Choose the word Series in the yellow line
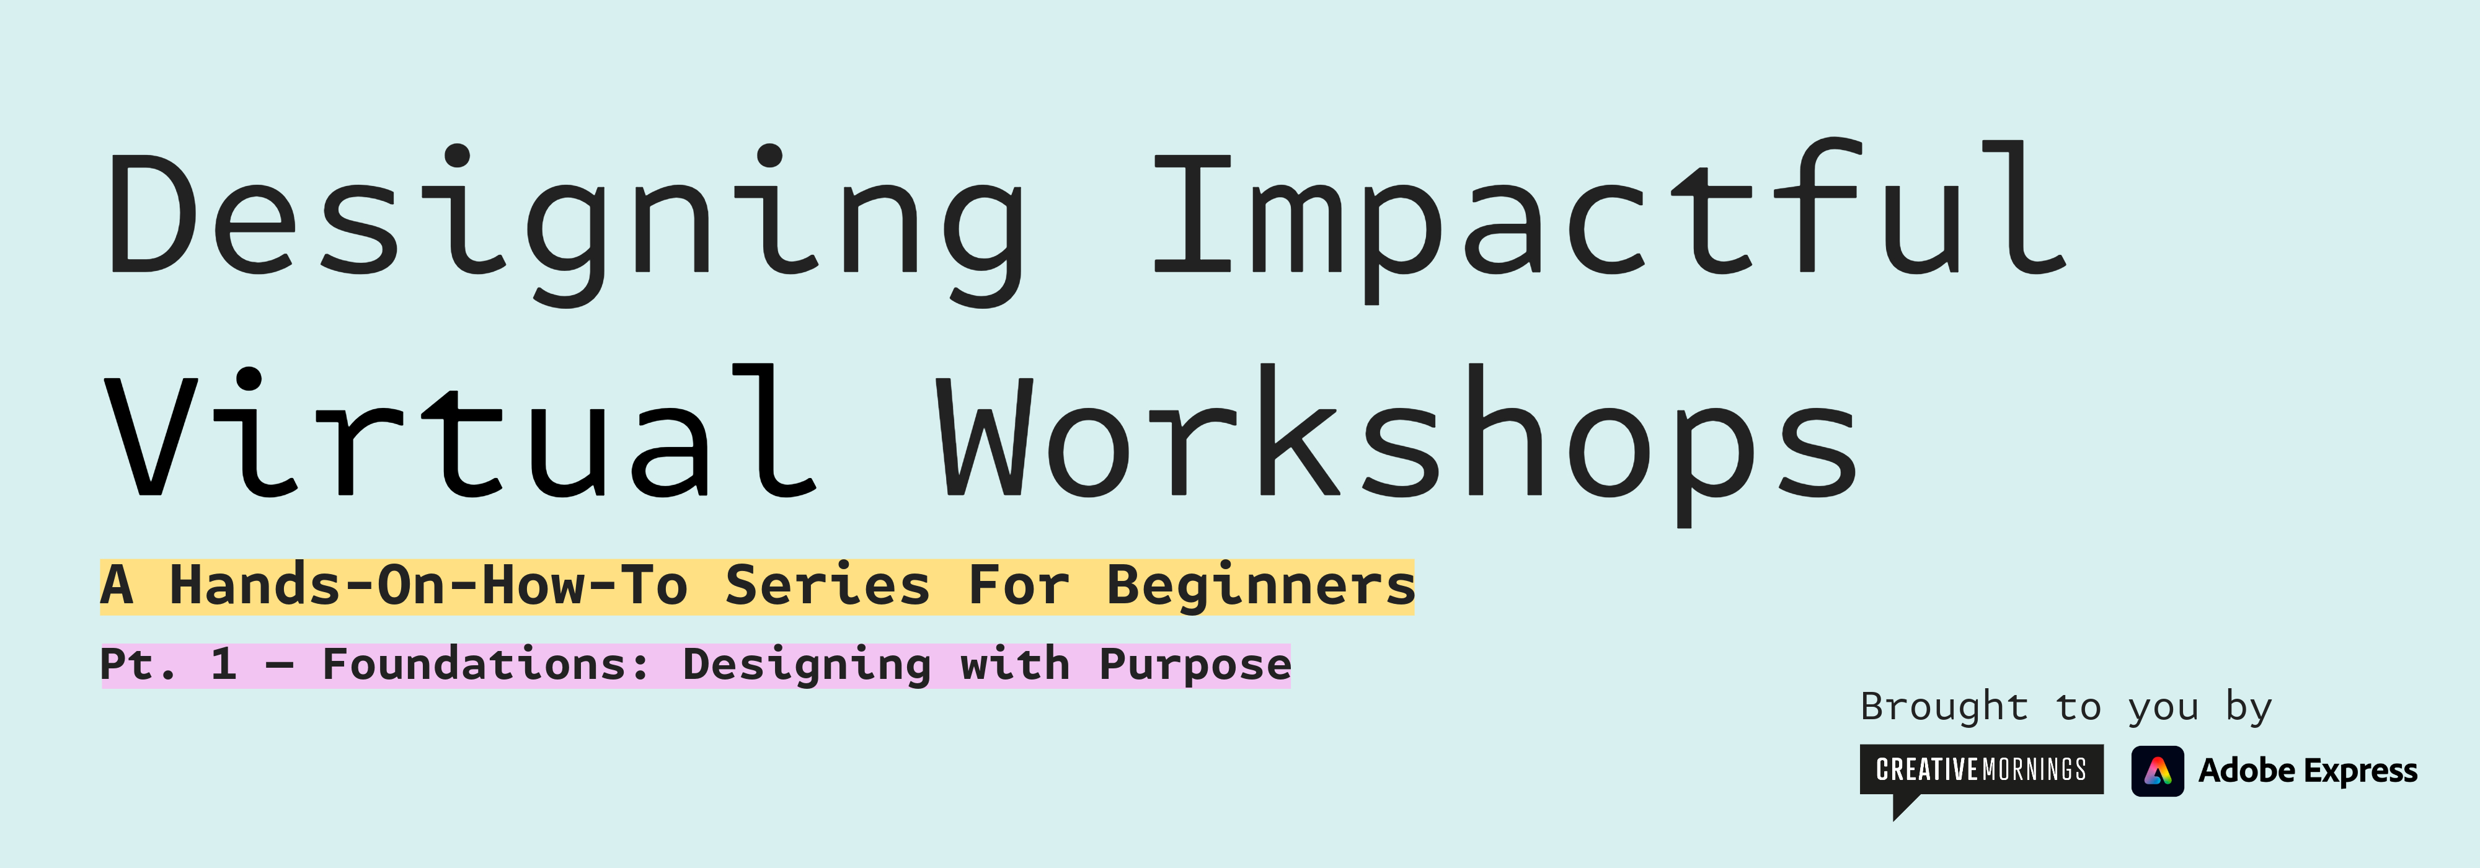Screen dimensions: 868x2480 coord(828,586)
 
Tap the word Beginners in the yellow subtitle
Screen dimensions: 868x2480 coord(1260,586)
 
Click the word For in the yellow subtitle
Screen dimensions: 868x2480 coord(1019,586)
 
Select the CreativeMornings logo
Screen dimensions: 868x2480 coord(1982,770)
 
